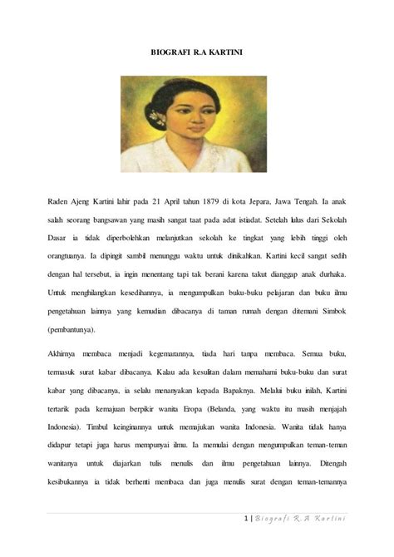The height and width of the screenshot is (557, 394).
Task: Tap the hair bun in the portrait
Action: click(x=154, y=117)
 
